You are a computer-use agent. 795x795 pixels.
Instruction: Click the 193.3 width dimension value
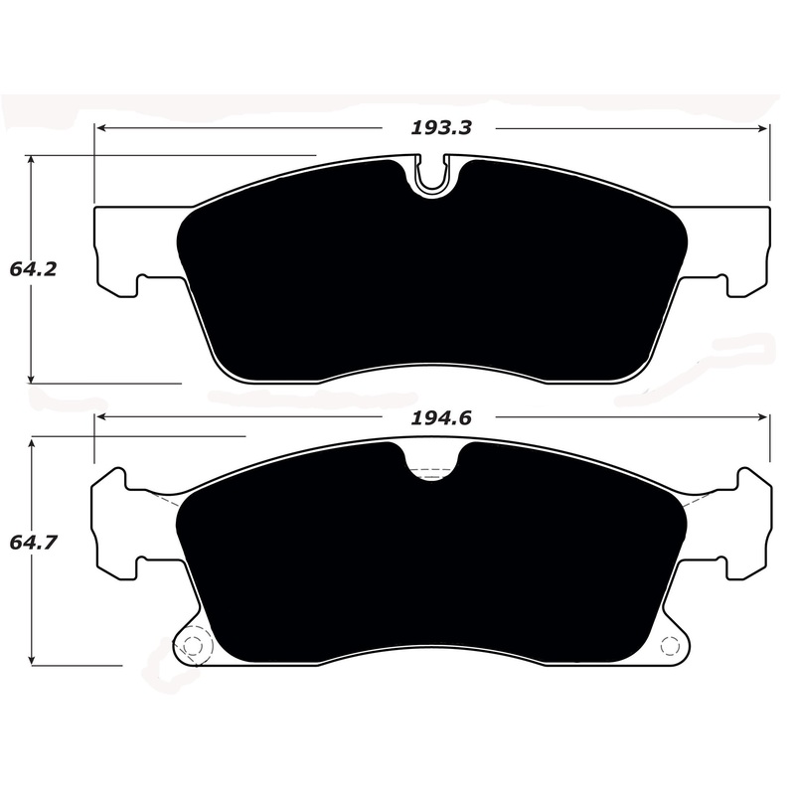pos(441,127)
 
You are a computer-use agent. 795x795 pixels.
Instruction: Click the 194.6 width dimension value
pos(441,418)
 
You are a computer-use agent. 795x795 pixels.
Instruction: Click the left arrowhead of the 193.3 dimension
pos(100,128)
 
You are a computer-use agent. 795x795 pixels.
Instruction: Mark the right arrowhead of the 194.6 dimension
pos(764,418)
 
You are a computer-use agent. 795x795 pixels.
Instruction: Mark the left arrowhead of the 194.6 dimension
pos(100,418)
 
